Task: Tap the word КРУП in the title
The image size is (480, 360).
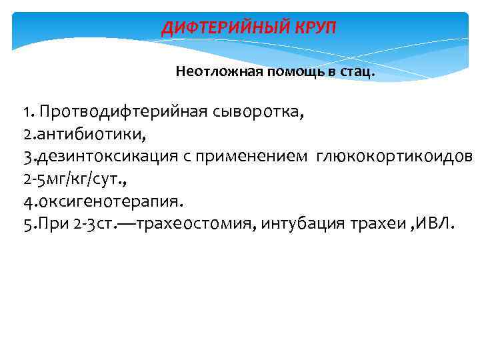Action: [x=315, y=29]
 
